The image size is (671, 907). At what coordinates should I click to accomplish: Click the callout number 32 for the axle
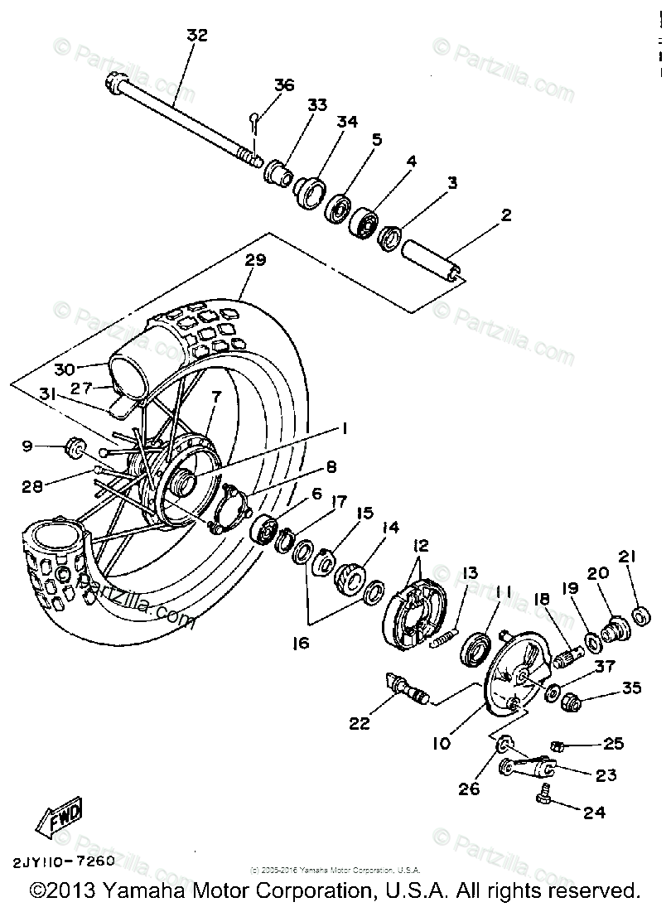[x=196, y=36]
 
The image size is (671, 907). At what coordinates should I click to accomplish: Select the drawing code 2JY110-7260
[x=63, y=861]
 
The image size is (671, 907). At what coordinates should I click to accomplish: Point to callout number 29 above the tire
[x=255, y=260]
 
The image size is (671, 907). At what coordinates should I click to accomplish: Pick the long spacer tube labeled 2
[x=431, y=261]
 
